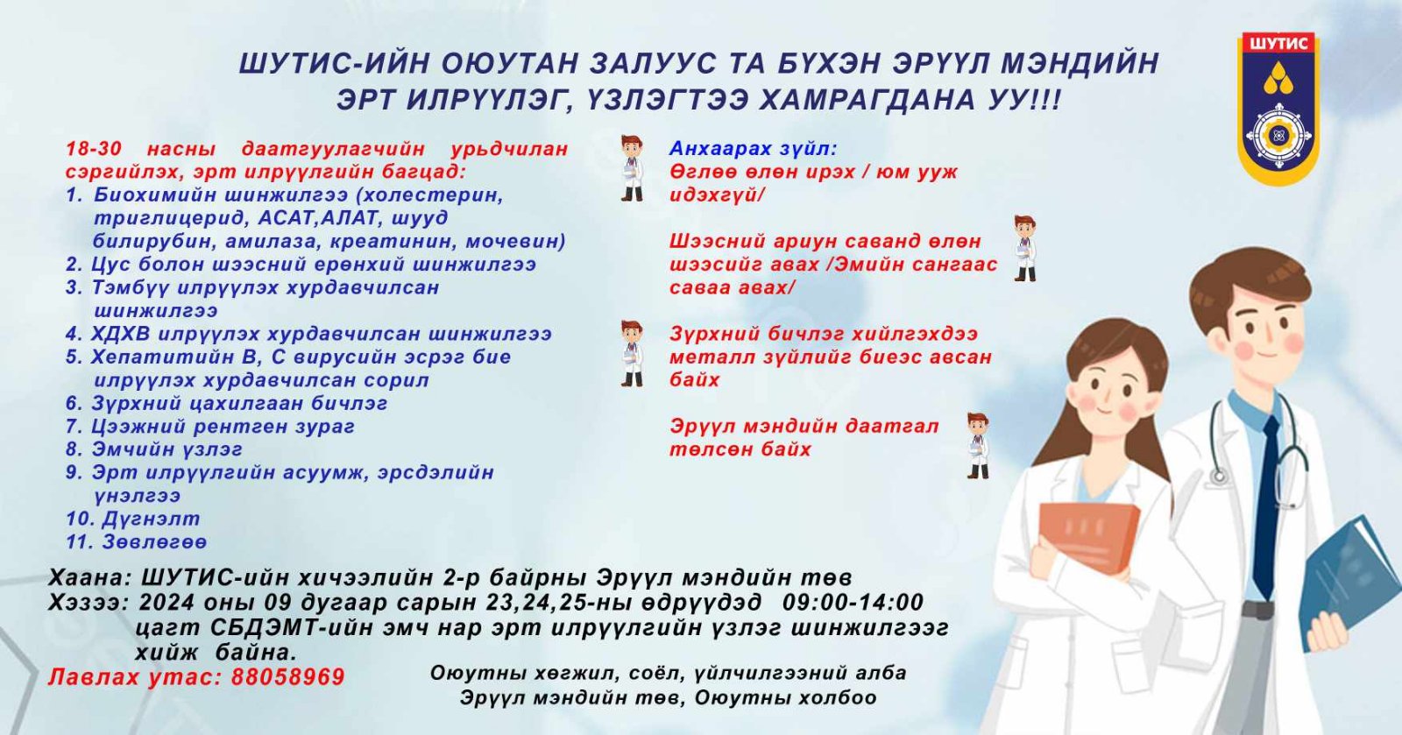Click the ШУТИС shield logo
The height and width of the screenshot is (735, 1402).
pyautogui.click(x=1278, y=108)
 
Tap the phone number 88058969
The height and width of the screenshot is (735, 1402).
pyautogui.click(x=288, y=677)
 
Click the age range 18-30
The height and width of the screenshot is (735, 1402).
pyautogui.click(x=93, y=149)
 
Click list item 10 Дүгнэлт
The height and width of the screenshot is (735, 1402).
pyautogui.click(x=132, y=519)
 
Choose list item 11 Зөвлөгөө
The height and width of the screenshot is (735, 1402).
pyautogui.click(x=136, y=541)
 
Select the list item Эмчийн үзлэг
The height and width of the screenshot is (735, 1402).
pyautogui.click(x=154, y=449)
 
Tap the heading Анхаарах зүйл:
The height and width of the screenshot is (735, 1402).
pyautogui.click(x=754, y=149)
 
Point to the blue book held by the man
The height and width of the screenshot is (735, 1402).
pyautogui.click(x=1350, y=582)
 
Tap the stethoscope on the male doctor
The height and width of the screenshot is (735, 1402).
pyautogui.click(x=1258, y=438)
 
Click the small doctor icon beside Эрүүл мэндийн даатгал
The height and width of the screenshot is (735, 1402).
pyautogui.click(x=978, y=446)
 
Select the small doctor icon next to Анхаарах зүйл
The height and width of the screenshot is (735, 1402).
pyautogui.click(x=632, y=168)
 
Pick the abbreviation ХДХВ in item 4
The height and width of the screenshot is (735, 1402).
pyautogui.click(x=120, y=334)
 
